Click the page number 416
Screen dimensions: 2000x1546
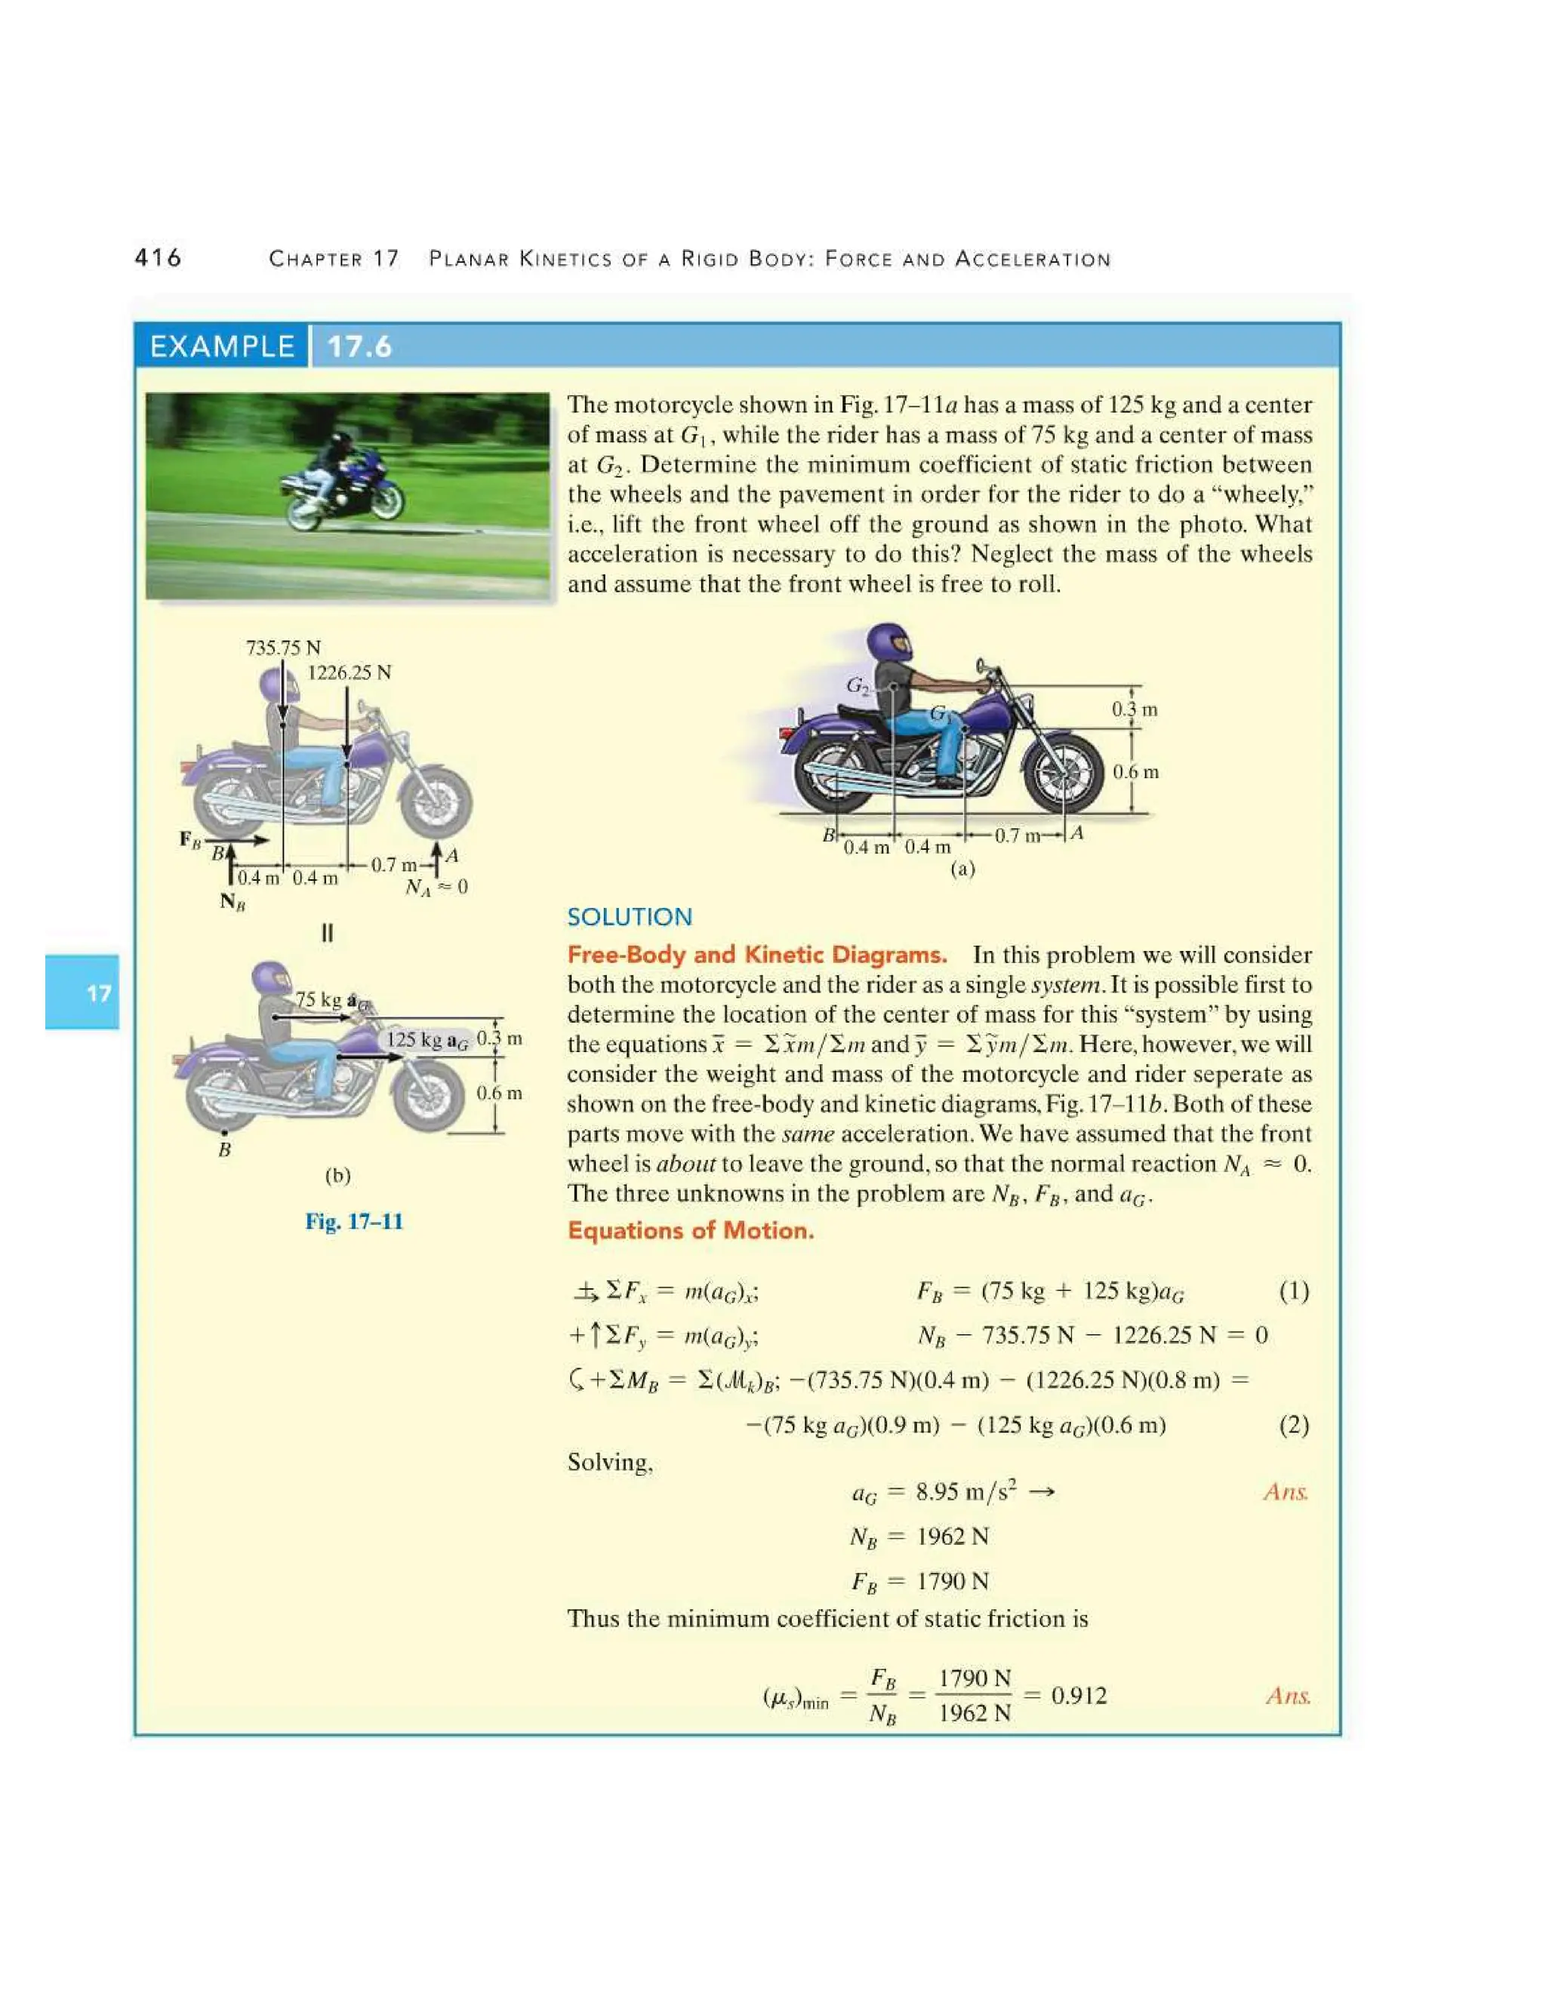tap(158, 258)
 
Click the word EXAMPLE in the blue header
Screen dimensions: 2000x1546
tap(222, 346)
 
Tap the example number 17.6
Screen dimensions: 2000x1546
tap(359, 346)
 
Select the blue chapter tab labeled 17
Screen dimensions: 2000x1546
tap(82, 992)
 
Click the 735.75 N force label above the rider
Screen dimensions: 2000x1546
tap(283, 648)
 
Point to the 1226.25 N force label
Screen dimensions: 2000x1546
tap(348, 673)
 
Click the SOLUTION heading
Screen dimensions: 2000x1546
tap(630, 917)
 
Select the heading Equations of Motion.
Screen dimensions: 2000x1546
tap(691, 1230)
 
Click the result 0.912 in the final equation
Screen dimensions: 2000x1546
tap(1079, 1696)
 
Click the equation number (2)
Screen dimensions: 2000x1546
tap(1293, 1425)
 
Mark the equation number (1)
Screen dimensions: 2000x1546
tap(1293, 1292)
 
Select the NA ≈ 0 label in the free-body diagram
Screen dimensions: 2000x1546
tap(436, 887)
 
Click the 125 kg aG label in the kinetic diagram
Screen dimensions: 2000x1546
tap(427, 1039)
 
